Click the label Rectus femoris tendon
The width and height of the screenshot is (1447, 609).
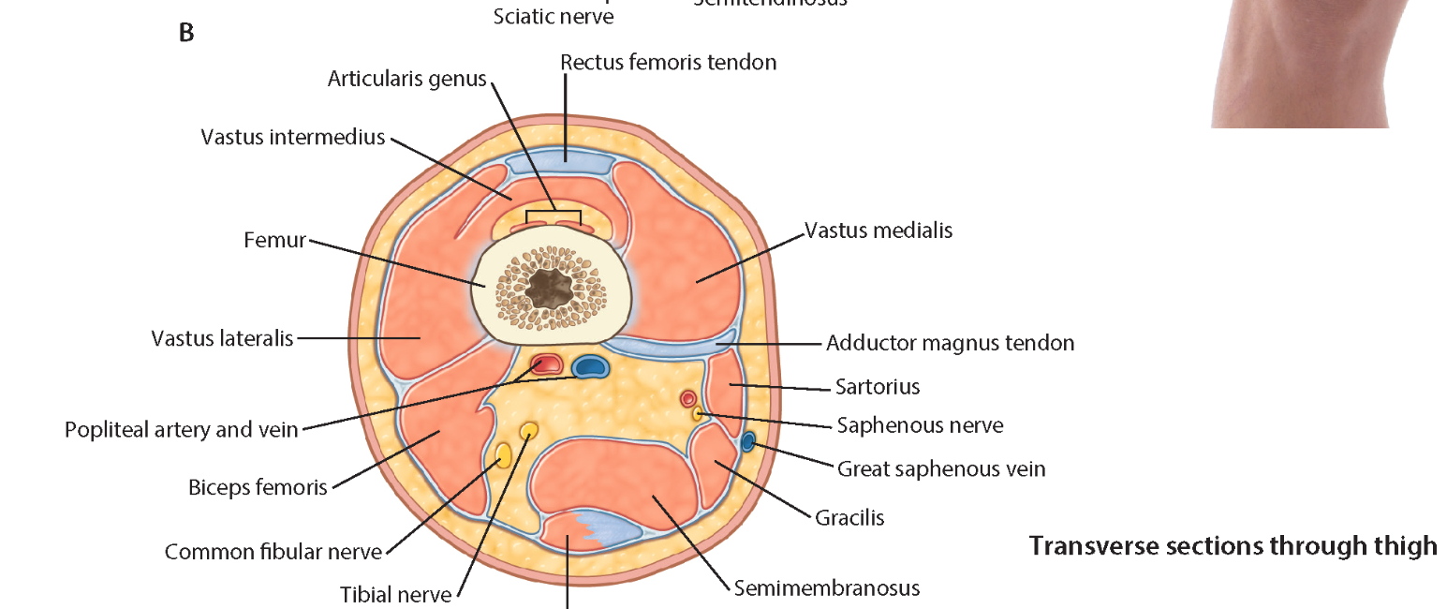click(x=668, y=63)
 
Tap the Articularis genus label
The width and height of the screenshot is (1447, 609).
click(x=406, y=79)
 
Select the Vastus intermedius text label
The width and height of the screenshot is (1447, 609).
click(x=292, y=138)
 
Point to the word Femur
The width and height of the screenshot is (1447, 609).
click(x=274, y=240)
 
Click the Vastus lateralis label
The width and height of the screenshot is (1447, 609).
click(x=222, y=338)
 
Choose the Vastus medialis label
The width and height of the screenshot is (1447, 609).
click(x=879, y=230)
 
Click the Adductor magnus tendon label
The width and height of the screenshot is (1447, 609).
click(x=950, y=343)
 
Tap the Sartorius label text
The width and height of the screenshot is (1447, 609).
click(x=879, y=386)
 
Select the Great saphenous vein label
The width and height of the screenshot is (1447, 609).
click(x=941, y=468)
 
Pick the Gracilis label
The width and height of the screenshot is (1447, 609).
click(x=849, y=517)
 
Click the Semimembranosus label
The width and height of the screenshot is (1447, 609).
click(x=827, y=588)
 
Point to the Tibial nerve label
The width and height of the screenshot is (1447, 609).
click(x=395, y=594)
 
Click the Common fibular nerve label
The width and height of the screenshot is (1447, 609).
click(x=273, y=552)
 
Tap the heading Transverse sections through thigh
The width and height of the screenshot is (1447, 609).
click(x=1233, y=545)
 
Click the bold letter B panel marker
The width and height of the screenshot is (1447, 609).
click(x=185, y=33)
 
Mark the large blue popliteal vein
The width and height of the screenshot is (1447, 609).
click(x=590, y=365)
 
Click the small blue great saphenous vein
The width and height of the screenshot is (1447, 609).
click(x=747, y=441)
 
